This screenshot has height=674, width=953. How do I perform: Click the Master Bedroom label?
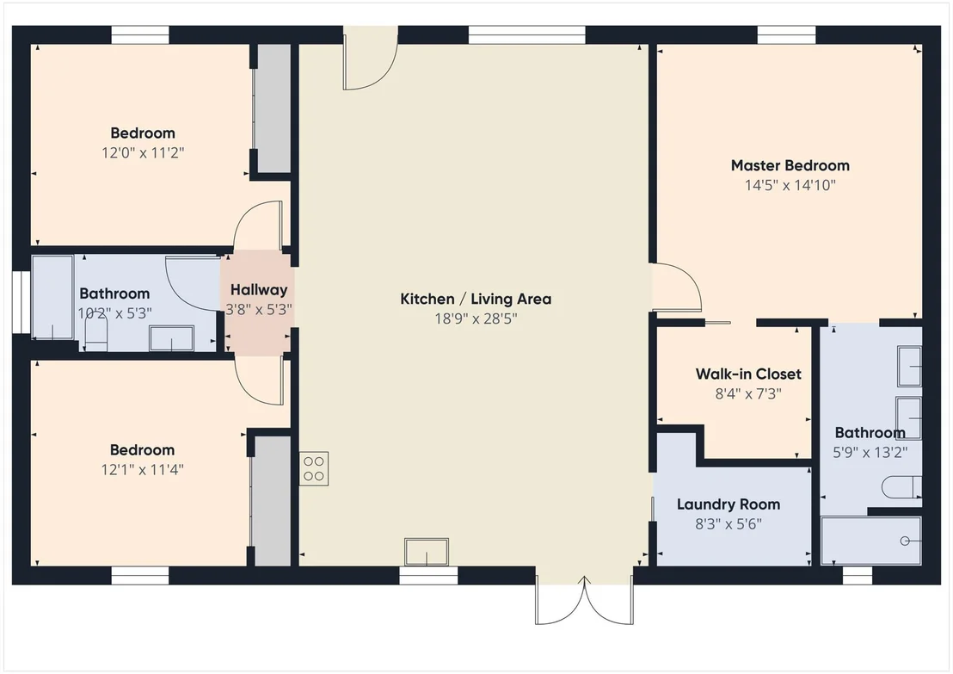pos(790,165)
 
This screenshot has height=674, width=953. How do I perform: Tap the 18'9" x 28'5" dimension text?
pos(476,318)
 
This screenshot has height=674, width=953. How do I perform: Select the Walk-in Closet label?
pos(748,374)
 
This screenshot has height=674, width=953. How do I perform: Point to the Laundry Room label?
pos(729,504)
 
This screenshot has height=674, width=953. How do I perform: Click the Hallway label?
pos(259,290)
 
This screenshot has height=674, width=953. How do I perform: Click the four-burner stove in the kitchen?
pos(314,468)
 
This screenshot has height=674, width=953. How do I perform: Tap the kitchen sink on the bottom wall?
pos(427,552)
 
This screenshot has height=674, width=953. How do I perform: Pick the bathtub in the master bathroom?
pos(871,541)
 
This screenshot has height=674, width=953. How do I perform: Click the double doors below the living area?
pos(584,600)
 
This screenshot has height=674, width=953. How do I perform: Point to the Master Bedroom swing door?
pos(676,288)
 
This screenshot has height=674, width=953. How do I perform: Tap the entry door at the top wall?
pos(371,58)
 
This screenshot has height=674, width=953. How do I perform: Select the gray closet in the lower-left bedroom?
pos(272,501)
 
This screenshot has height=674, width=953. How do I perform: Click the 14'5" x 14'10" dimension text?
pos(790,186)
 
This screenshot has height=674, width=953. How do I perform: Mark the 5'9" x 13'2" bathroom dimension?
pos(870,453)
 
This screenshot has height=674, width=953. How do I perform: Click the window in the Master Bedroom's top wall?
pos(786,35)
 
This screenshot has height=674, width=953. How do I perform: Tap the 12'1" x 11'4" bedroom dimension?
pos(142,470)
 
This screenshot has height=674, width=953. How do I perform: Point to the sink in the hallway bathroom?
pos(172,339)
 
